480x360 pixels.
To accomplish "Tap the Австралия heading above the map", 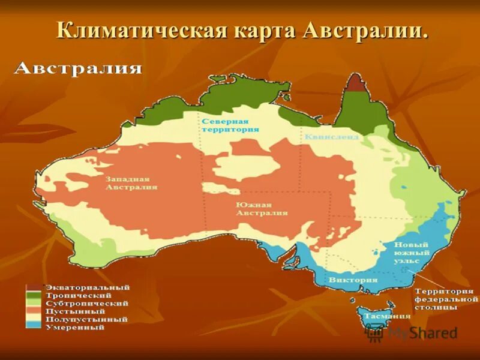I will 77,68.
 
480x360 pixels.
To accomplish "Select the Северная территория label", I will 230,124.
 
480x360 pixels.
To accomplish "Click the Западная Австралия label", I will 131,182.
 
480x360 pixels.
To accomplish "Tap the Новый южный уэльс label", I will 411,253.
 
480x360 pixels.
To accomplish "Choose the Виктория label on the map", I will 353,280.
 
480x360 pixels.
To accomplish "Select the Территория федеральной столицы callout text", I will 446,298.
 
